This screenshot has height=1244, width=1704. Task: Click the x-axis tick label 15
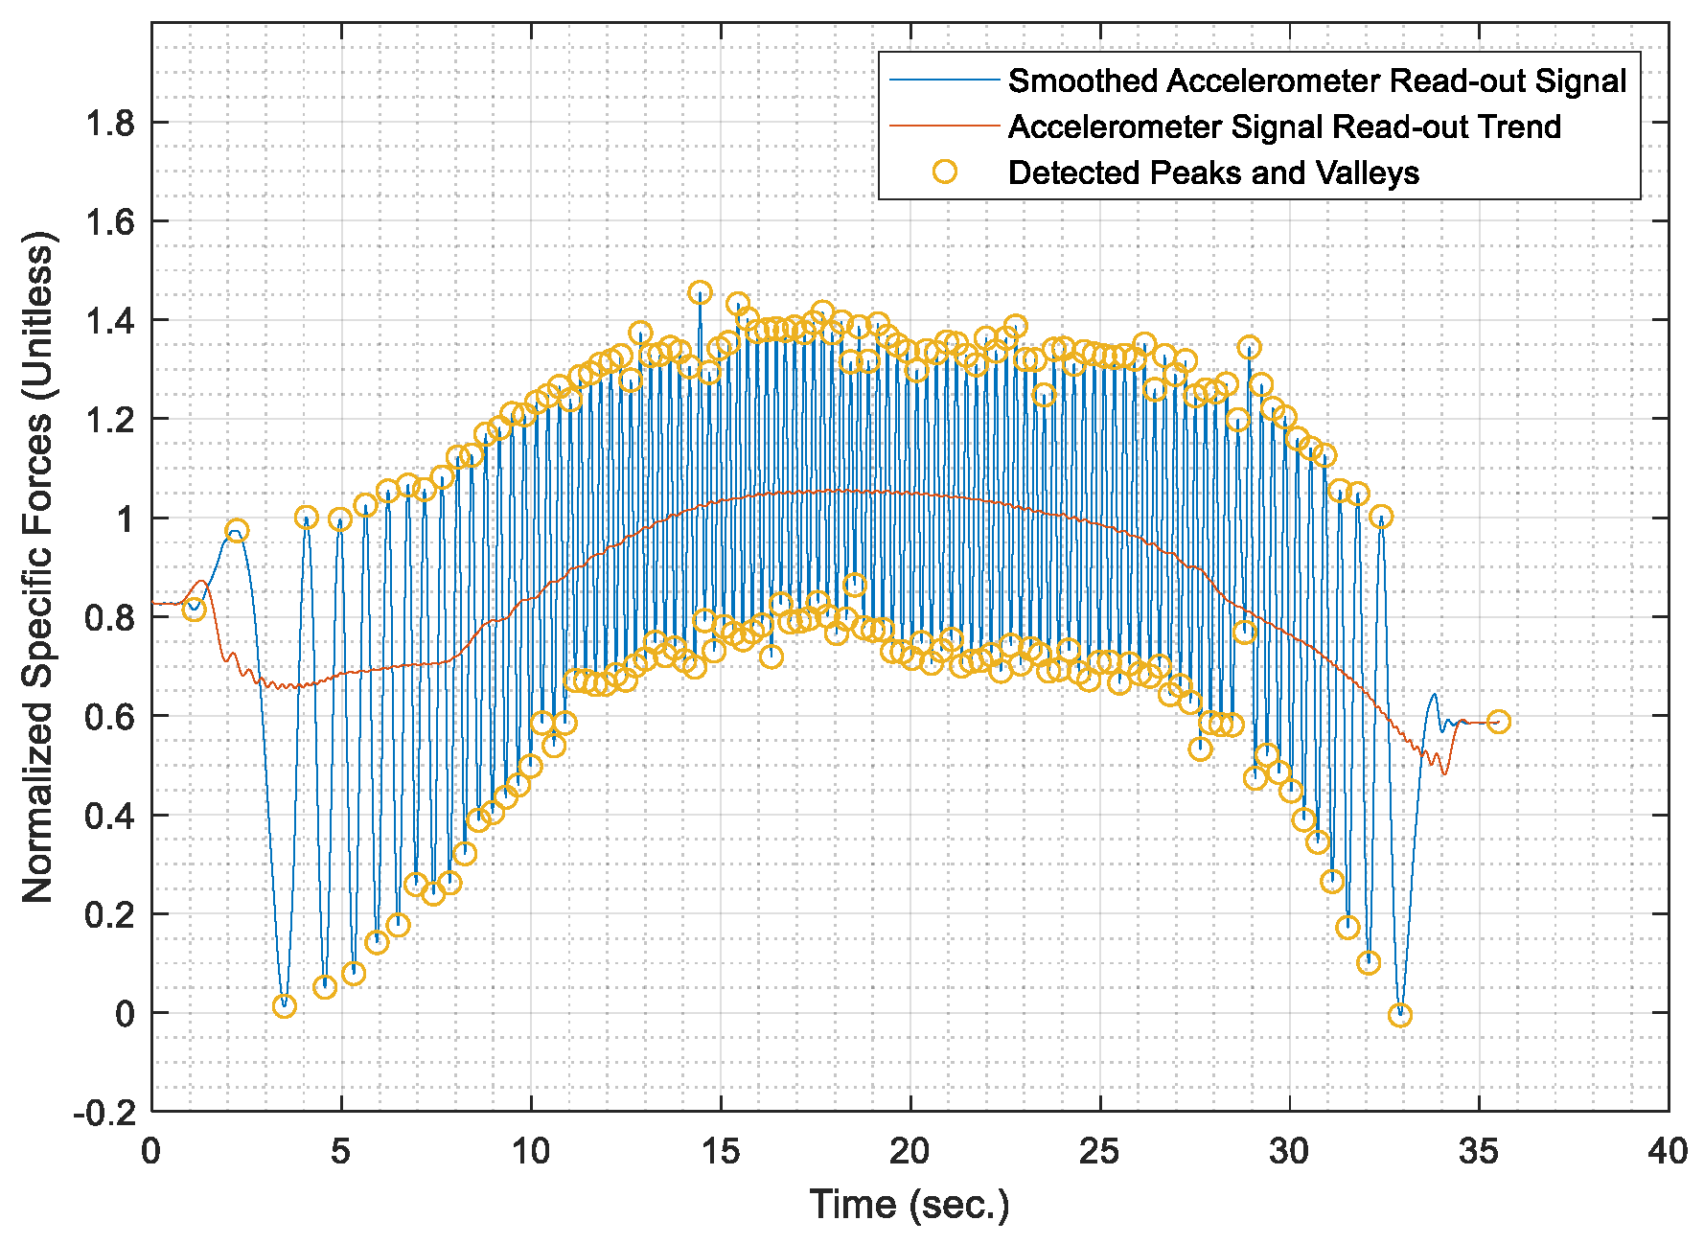[720, 1151]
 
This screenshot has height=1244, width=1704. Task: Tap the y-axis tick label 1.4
[109, 320]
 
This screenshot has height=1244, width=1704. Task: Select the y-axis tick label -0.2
[104, 1113]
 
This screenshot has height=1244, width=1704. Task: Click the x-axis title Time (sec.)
[910, 1205]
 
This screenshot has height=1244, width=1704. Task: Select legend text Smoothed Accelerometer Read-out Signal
[1317, 81]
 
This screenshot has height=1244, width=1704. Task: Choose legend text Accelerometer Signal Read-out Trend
[1284, 127]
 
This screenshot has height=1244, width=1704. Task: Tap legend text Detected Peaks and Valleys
[1213, 173]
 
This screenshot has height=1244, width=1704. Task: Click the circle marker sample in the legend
[945, 172]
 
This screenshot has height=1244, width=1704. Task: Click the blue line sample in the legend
[945, 81]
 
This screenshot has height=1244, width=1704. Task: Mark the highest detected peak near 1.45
[701, 292]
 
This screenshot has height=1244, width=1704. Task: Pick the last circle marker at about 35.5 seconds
[1499, 722]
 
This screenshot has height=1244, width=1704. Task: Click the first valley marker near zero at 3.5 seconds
[284, 1006]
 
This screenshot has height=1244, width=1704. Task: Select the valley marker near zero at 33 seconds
[1400, 1015]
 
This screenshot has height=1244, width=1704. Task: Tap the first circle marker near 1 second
[195, 610]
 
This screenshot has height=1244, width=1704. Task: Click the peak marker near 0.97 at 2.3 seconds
[237, 530]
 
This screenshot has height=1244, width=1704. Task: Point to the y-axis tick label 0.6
[109, 717]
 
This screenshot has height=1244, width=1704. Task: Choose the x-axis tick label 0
[151, 1151]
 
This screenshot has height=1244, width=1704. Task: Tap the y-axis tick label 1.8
[109, 123]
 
